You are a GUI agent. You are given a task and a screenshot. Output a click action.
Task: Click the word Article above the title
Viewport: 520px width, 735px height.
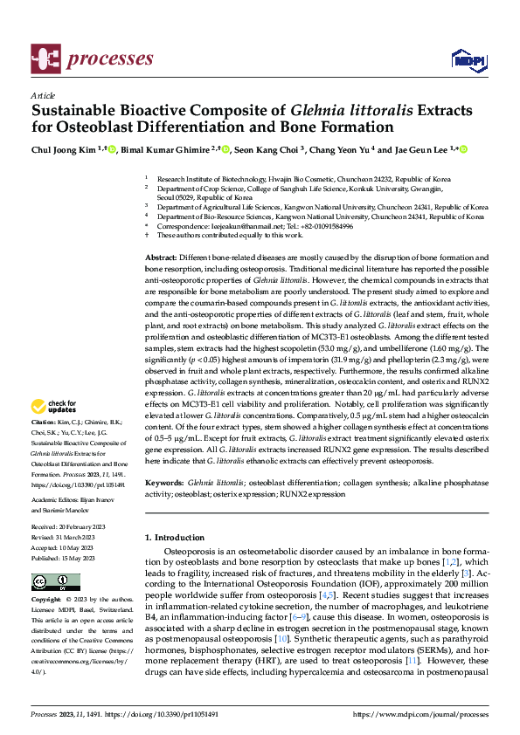(43, 95)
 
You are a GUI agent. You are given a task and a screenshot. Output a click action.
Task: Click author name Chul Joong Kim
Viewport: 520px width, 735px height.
(64, 149)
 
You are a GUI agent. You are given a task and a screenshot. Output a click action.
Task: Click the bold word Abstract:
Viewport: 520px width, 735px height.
(161, 258)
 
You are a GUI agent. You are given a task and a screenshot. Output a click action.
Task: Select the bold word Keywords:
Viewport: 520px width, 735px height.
(163, 482)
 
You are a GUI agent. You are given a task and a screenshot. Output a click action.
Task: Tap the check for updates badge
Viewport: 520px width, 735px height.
(53, 406)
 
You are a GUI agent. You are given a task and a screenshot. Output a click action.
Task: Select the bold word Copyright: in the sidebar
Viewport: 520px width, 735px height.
(46, 601)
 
